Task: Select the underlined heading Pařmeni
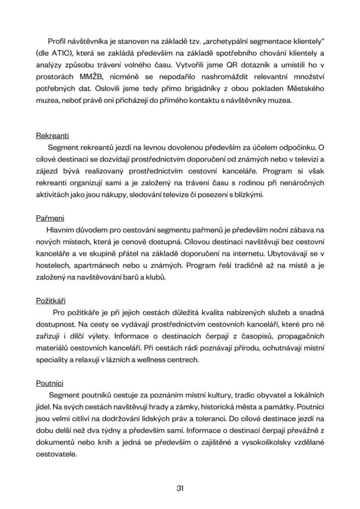[x=50, y=218]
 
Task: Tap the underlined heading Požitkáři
[x=51, y=301]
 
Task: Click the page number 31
[x=180, y=488]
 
